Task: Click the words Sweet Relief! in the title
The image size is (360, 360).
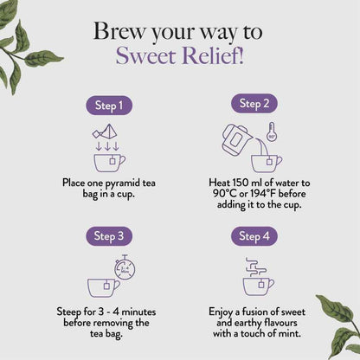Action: (180, 56)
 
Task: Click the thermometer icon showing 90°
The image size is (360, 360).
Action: (273, 133)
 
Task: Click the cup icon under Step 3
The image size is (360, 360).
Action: (103, 286)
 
